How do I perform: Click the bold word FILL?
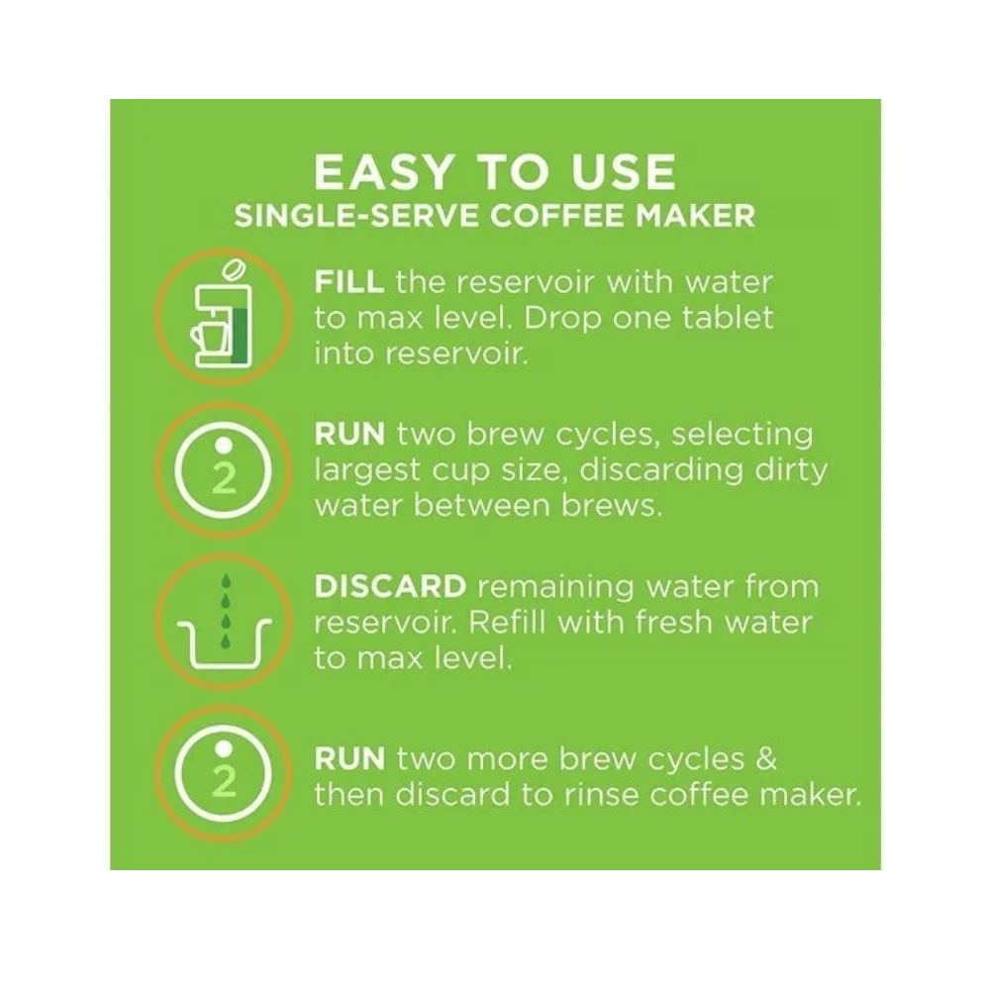pyautogui.click(x=349, y=281)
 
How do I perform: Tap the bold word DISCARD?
pyautogui.click(x=390, y=586)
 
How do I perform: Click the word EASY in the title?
pyautogui.click(x=384, y=172)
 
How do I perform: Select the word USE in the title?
pyautogui.click(x=624, y=172)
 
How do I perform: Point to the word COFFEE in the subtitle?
pyautogui.click(x=558, y=216)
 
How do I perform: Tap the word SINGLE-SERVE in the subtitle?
pyautogui.click(x=357, y=216)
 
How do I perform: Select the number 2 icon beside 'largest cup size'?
pyautogui.click(x=224, y=470)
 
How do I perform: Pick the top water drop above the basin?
pyautogui.click(x=226, y=580)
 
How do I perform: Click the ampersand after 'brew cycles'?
pyautogui.click(x=766, y=758)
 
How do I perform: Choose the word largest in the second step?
pyautogui.click(x=367, y=471)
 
